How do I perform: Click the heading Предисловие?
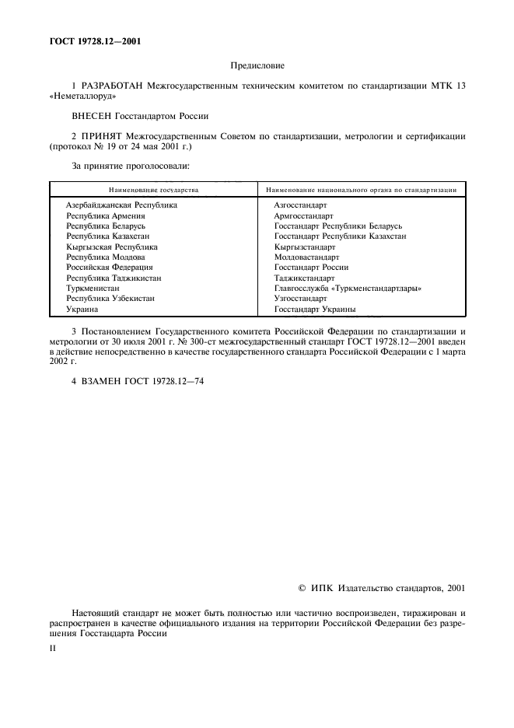pos(256,67)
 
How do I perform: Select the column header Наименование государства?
pos(153,189)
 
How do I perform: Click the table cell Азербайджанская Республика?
pos(121,205)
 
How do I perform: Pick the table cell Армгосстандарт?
pos(303,215)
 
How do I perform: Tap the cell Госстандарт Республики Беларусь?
pos(337,226)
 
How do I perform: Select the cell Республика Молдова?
pos(105,257)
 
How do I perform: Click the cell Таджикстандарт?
pos(305,278)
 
